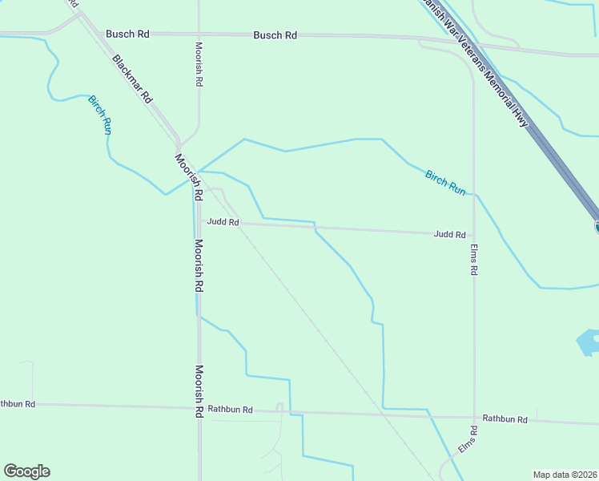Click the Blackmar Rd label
click(x=133, y=79)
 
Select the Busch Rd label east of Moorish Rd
click(x=275, y=35)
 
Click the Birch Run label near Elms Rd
click(x=445, y=183)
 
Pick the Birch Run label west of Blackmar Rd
click(x=99, y=114)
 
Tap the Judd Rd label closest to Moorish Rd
click(x=223, y=222)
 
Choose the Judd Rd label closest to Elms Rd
click(x=449, y=235)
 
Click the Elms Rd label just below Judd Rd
click(x=474, y=260)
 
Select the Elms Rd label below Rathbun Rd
click(x=468, y=441)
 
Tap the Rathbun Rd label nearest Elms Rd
click(x=505, y=419)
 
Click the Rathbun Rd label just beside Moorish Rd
click(x=230, y=410)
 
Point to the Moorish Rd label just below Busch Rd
click(x=199, y=65)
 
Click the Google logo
click(x=26, y=471)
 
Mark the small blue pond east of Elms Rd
click(x=589, y=342)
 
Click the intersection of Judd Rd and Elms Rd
click(x=474, y=234)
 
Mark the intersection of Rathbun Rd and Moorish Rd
click(x=200, y=406)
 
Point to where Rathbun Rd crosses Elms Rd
click(x=474, y=417)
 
